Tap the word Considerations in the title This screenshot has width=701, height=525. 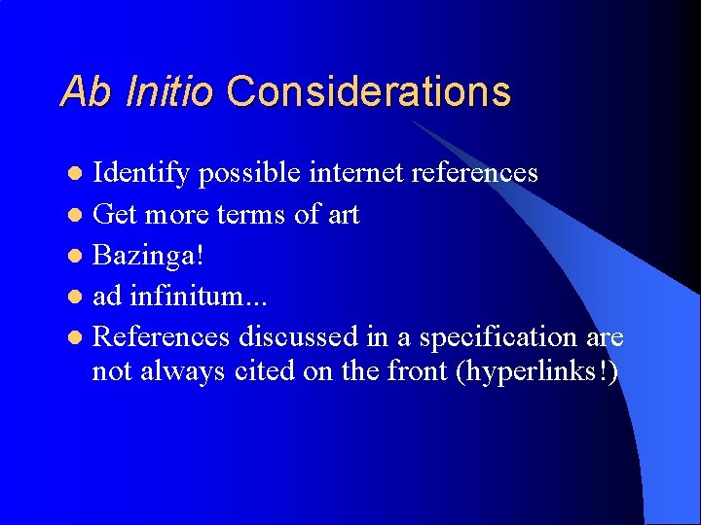click(368, 91)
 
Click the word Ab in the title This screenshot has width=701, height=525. click(86, 91)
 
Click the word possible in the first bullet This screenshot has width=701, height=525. click(250, 173)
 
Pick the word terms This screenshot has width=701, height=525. click(251, 214)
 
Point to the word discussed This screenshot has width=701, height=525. click(299, 336)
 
